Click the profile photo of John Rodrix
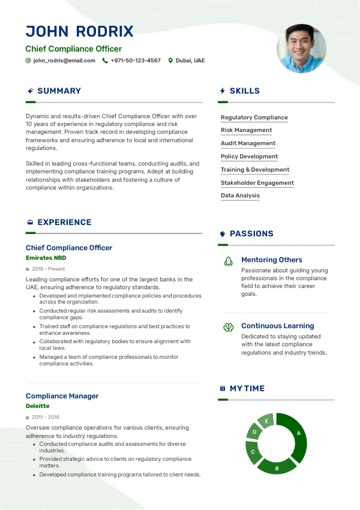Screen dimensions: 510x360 [x=301, y=48]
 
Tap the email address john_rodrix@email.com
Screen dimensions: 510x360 [x=64, y=61]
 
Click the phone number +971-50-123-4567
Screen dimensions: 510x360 [x=136, y=61]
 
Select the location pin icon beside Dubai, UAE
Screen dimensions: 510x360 [x=170, y=61]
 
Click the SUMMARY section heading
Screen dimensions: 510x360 [x=59, y=91]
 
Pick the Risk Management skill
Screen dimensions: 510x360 [x=246, y=130]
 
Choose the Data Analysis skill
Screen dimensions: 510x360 [x=240, y=196]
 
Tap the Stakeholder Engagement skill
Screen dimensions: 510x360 [x=257, y=183]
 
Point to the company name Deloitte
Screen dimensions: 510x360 [x=38, y=406]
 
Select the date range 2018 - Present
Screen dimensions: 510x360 [x=49, y=269]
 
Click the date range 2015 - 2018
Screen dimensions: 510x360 [x=46, y=417]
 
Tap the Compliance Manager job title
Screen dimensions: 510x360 [x=62, y=396]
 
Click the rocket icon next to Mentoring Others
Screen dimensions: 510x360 [x=228, y=261]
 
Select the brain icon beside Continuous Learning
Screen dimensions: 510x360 [x=228, y=327]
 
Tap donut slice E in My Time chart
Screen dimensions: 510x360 [x=266, y=421]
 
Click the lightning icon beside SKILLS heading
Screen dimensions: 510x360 [x=223, y=91]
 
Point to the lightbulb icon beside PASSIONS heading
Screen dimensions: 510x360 [x=223, y=234]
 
